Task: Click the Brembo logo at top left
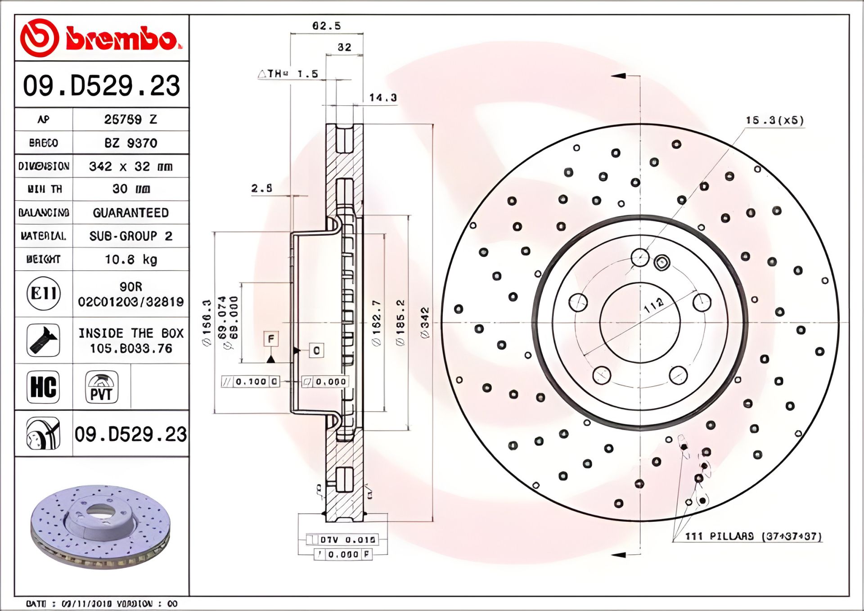point(101,38)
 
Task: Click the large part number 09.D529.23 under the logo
point(101,85)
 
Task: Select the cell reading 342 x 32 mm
point(130,166)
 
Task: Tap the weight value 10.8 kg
point(130,260)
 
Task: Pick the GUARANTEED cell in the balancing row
point(130,213)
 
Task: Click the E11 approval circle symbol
point(43,294)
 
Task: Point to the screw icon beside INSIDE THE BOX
point(43,340)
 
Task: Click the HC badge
point(43,387)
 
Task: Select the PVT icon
point(101,387)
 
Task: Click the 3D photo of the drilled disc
point(101,526)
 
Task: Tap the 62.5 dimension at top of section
point(327,26)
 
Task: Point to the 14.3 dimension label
point(383,98)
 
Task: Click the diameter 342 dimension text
point(425,323)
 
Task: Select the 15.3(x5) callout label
point(774,120)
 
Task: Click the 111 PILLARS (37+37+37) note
point(753,536)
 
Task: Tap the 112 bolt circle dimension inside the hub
point(653,305)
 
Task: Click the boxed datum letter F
point(271,338)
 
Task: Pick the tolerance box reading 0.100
point(251,382)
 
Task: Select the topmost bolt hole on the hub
point(640,258)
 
